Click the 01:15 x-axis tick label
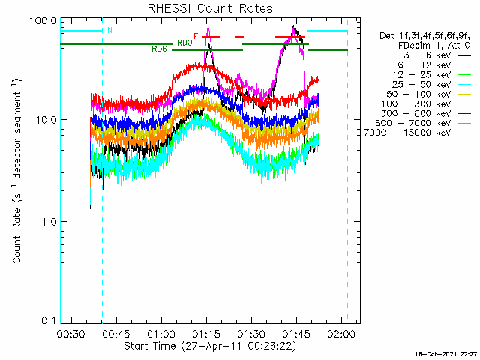pos(205,334)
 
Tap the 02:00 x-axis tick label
pos(340,334)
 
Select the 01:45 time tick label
pos(295,334)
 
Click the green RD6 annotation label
pos(159,49)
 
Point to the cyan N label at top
pos(109,31)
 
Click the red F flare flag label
pos(196,36)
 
